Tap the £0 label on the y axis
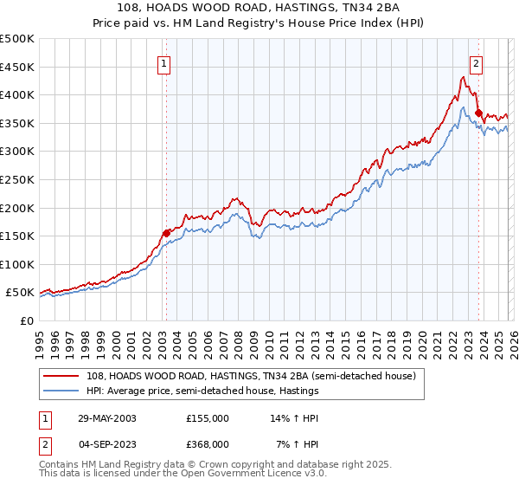tap(26, 320)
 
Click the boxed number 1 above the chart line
tap(164, 62)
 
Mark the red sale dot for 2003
tap(167, 232)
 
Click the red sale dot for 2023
tap(478, 112)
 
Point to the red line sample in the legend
tap(61, 376)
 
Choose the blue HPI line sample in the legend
tap(61, 391)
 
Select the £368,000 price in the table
tap(207, 443)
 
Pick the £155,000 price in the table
tap(207, 418)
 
